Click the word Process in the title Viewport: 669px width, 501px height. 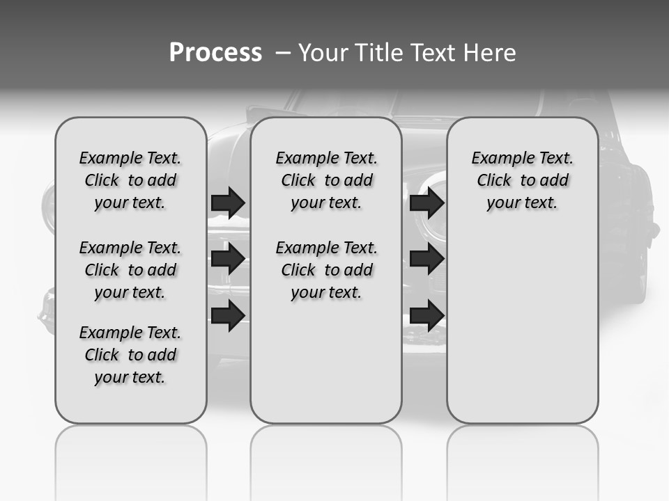[x=215, y=52]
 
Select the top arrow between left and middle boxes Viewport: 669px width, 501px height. [x=228, y=202]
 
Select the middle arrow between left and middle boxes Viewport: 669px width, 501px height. [x=228, y=259]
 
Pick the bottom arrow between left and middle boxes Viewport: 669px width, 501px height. [x=228, y=315]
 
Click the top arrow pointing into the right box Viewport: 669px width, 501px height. [x=426, y=202]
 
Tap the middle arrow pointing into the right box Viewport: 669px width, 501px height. [x=426, y=259]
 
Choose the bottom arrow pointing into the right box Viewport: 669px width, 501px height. [x=426, y=315]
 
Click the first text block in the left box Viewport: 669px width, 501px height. [x=130, y=180]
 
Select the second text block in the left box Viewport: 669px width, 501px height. [x=130, y=270]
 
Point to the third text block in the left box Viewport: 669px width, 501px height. [x=130, y=355]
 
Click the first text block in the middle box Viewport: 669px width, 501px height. [x=327, y=180]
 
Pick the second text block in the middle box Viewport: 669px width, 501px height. [x=327, y=270]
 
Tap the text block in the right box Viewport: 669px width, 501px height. [x=523, y=180]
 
